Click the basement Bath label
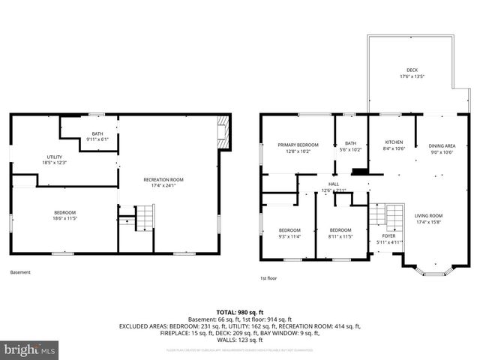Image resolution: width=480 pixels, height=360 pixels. click(x=97, y=136)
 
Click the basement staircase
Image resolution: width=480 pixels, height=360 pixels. click(x=143, y=217)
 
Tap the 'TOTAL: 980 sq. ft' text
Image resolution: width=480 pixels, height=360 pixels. click(x=240, y=312)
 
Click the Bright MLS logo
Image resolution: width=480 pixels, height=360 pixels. click(x=30, y=349)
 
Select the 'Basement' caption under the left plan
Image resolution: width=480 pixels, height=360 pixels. click(x=21, y=272)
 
